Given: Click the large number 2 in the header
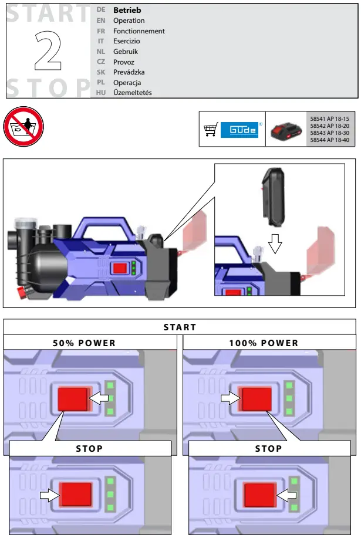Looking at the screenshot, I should [49, 52].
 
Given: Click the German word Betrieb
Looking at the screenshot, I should [127, 11].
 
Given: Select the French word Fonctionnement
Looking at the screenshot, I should [139, 31].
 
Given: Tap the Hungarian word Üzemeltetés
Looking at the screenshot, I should [132, 93].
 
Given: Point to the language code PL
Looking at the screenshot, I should [102, 83].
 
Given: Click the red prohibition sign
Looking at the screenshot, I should [23, 126].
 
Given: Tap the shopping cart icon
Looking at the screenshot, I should [210, 129].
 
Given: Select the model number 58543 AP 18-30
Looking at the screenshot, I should [329, 133].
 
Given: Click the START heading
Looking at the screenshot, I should [180, 327].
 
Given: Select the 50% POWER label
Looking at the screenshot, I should [84, 343].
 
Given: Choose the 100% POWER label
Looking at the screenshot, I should [264, 343].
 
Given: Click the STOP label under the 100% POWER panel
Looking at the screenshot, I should [268, 449].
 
